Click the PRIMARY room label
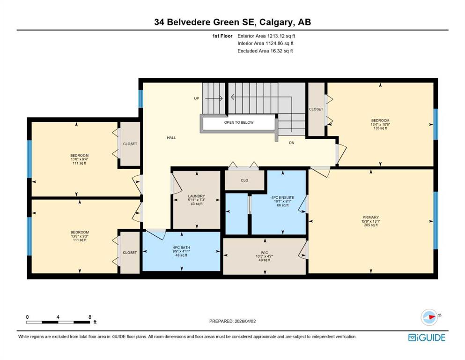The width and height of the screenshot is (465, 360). pyautogui.click(x=370, y=217)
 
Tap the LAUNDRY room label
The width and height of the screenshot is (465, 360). pyautogui.click(x=196, y=196)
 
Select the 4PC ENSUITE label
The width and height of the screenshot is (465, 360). pyautogui.click(x=283, y=197)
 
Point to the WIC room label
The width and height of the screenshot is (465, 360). pyautogui.click(x=264, y=253)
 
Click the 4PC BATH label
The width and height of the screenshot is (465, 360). pyautogui.click(x=181, y=247)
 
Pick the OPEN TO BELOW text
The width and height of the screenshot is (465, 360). pyautogui.click(x=239, y=122)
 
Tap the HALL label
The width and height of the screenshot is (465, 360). pyautogui.click(x=171, y=138)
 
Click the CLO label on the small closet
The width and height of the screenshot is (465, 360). pyautogui.click(x=244, y=180)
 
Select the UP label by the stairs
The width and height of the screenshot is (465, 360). pyautogui.click(x=197, y=98)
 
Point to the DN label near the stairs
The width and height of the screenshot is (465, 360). pyautogui.click(x=292, y=143)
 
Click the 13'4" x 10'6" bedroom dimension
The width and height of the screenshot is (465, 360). pyautogui.click(x=380, y=125)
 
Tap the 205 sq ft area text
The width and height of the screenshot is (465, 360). pyautogui.click(x=371, y=225)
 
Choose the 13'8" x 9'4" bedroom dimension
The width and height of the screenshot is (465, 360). pyautogui.click(x=80, y=159)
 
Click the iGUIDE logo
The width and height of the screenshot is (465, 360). pyautogui.click(x=427, y=337)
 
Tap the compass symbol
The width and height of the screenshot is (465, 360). pyautogui.click(x=429, y=317)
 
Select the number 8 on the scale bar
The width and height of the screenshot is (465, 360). pyautogui.click(x=90, y=317)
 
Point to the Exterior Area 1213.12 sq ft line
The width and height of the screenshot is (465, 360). pyautogui.click(x=266, y=36)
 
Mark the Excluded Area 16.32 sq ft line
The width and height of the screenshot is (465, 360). pyautogui.click(x=265, y=51)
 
